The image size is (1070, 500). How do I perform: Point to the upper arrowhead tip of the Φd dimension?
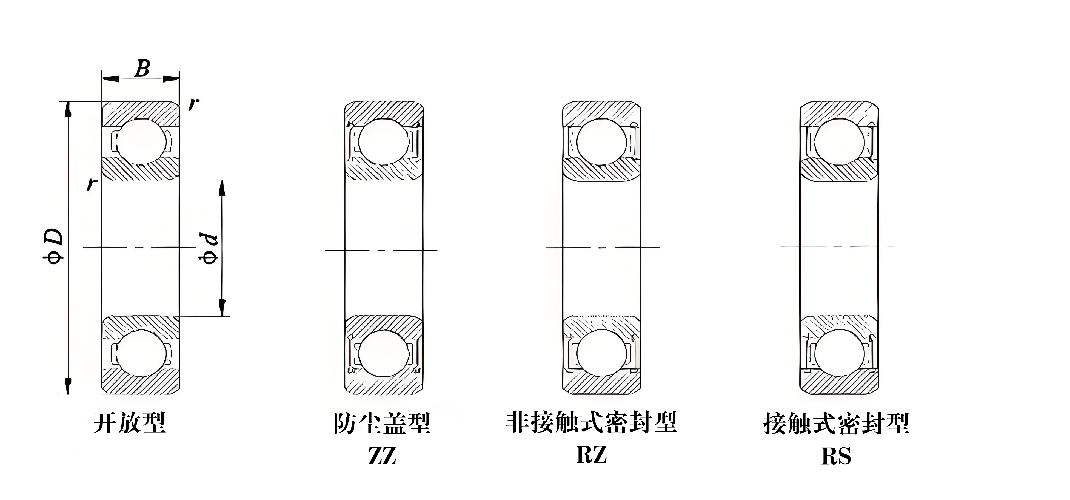[222, 180]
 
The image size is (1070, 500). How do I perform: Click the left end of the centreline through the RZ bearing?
[546, 247]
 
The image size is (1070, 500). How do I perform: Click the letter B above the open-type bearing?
[142, 69]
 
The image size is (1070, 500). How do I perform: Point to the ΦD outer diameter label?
[53, 245]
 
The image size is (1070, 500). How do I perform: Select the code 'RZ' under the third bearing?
[592, 454]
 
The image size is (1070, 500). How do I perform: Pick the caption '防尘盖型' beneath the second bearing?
[382, 423]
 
